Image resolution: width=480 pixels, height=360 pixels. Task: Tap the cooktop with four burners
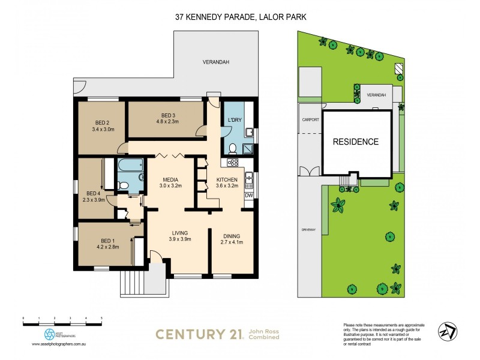(233, 161)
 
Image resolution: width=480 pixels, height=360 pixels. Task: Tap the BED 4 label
(93, 193)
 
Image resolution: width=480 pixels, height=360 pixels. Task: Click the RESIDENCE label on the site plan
(356, 142)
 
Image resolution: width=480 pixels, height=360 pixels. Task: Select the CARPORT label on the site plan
(311, 119)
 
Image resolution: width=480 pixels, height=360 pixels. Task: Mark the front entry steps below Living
(134, 282)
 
